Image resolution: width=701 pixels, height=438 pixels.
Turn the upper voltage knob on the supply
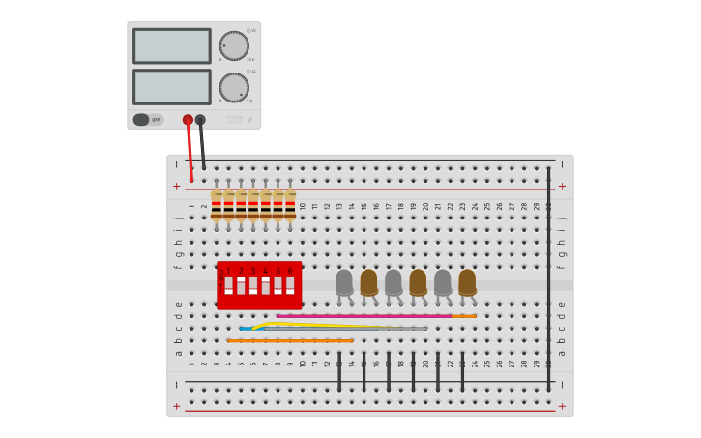coord(234,45)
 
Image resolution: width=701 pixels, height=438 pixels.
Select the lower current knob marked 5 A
coord(234,88)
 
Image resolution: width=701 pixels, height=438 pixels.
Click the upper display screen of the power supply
coord(172,45)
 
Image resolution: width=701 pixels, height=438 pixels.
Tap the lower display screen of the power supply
coord(172,87)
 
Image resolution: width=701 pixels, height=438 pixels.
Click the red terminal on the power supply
coord(188,120)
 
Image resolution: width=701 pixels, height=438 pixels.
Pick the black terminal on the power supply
coord(200,120)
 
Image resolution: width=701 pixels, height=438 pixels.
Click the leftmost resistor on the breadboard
coord(217,204)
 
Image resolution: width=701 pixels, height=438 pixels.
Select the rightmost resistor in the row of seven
coord(290,204)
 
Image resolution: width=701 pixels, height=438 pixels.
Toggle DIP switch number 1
coord(229,285)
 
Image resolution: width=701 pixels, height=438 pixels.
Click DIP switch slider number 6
coord(290,285)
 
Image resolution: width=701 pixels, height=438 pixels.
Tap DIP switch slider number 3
coord(253,285)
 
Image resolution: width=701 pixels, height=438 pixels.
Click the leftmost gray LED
coord(344,281)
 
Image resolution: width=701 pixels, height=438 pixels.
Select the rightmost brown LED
coord(467,281)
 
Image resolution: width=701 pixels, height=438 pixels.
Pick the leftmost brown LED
coord(368,281)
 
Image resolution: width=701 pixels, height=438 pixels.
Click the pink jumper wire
coord(363,315)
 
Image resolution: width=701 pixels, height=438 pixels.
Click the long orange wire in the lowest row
coord(290,340)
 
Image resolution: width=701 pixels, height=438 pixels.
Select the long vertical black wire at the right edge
coord(548,280)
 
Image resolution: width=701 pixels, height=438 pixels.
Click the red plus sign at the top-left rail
coord(176,186)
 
